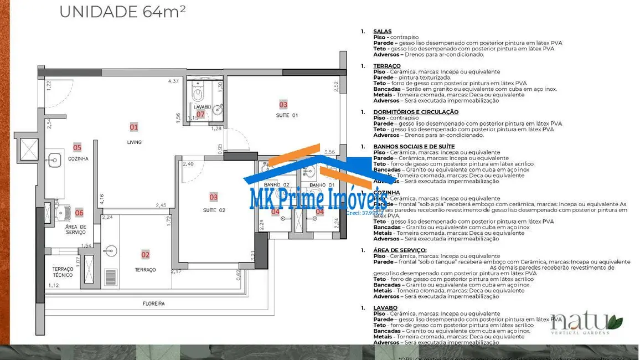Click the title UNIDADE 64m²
122,12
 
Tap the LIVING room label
134,142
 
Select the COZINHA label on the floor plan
78,158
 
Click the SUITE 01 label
287,115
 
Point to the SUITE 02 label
214,210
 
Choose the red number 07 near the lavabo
200,115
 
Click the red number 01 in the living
134,127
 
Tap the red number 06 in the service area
79,213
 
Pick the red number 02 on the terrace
145,255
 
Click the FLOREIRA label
153,304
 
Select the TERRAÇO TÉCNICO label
63,272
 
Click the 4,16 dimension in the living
101,199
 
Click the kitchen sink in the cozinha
54,160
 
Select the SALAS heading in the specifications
383,32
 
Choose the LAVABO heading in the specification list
385,308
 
